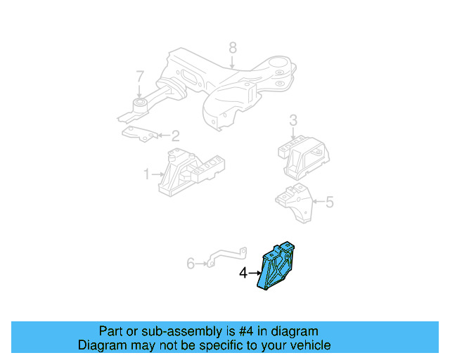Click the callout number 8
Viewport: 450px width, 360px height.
tap(233, 48)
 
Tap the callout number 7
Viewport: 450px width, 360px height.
tap(139, 76)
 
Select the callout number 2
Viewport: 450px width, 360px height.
tap(176, 135)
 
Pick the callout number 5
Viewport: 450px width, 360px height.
tap(329, 202)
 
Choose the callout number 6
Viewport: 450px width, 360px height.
tap(190, 264)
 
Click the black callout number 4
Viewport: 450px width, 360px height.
tap(243, 273)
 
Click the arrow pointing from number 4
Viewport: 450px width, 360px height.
tap(255, 273)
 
